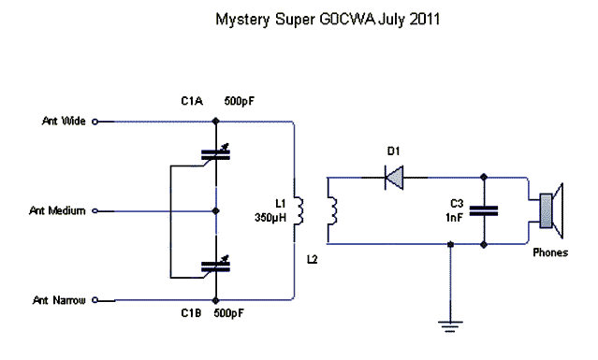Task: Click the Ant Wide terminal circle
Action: [x=95, y=121]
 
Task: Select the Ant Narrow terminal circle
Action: [x=95, y=301]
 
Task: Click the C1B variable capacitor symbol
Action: [x=216, y=267]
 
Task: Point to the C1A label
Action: [x=193, y=100]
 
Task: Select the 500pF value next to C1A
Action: [x=241, y=100]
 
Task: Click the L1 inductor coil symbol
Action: [x=297, y=211]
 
